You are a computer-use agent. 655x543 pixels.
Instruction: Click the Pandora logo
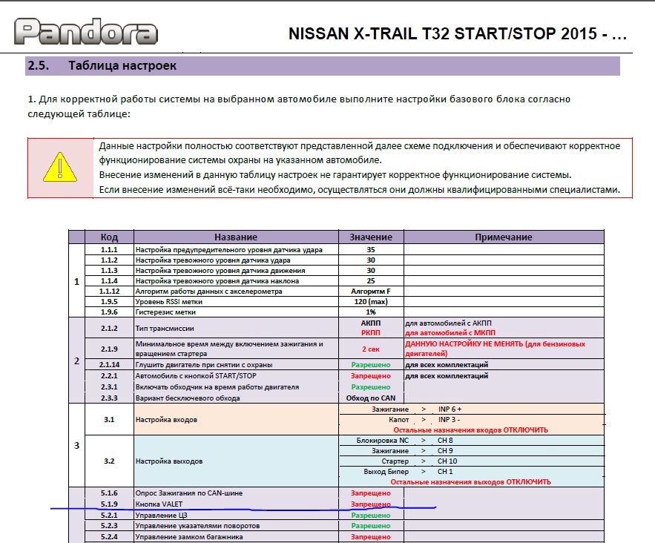pyautogui.click(x=86, y=31)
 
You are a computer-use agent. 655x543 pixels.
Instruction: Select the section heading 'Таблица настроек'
pyautogui.click(x=122, y=65)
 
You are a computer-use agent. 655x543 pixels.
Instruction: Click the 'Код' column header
pyautogui.click(x=109, y=237)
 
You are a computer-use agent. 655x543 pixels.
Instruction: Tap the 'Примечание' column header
pyautogui.click(x=503, y=237)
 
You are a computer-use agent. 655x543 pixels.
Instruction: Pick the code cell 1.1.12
pyautogui.click(x=109, y=292)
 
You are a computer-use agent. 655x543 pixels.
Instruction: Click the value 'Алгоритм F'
pyautogui.click(x=370, y=292)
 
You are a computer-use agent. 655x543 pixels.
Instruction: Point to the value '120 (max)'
pyautogui.click(x=370, y=302)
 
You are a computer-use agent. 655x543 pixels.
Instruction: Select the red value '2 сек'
pyautogui.click(x=370, y=349)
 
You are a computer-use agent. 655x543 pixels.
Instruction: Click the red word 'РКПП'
pyautogui.click(x=370, y=333)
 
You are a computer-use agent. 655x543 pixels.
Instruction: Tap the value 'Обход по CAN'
pyautogui.click(x=370, y=398)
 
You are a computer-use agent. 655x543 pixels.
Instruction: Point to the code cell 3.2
pyautogui.click(x=109, y=461)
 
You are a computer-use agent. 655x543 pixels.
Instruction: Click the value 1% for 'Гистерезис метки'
pyautogui.click(x=370, y=312)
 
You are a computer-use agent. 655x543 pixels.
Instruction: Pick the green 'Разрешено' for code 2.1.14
pyautogui.click(x=370, y=365)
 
